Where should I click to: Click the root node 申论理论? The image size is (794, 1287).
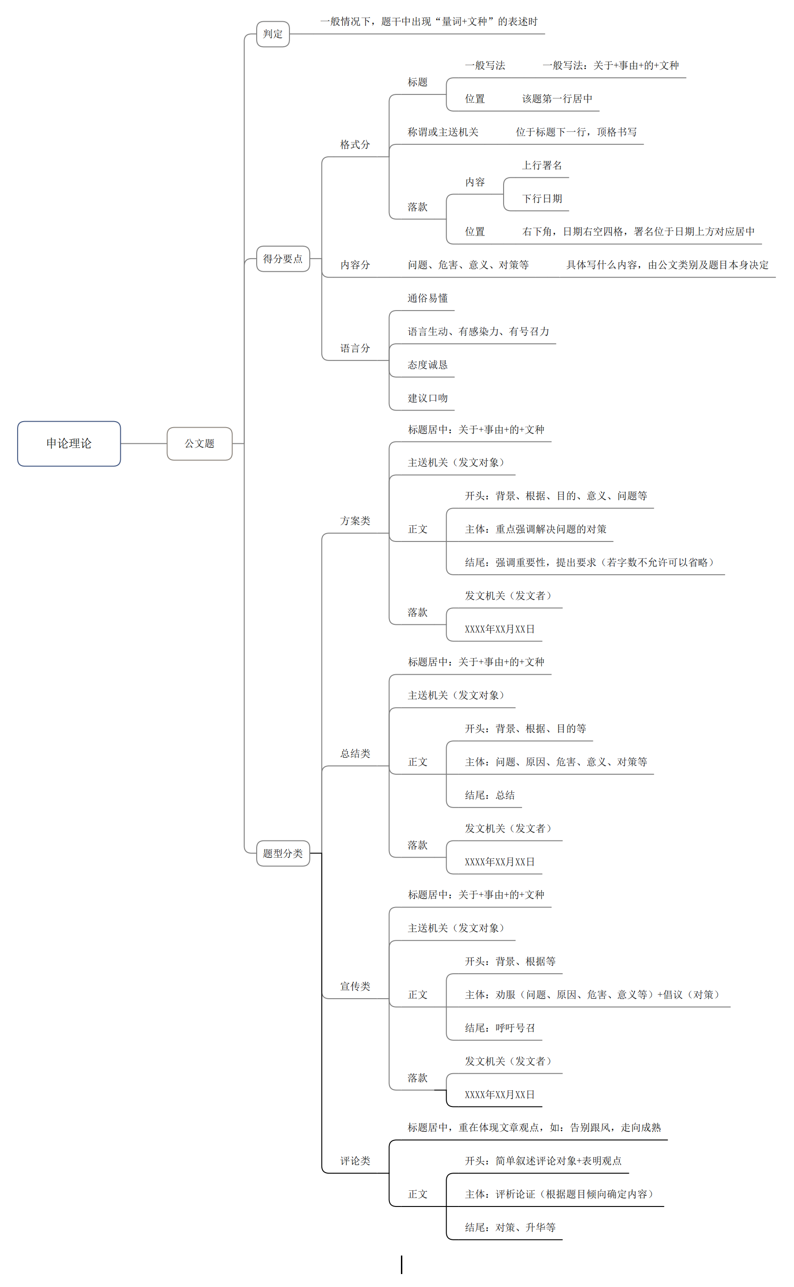pyautogui.click(x=69, y=443)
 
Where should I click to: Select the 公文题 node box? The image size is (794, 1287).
pyautogui.click(x=200, y=443)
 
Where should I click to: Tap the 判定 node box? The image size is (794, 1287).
pyautogui.click(x=272, y=34)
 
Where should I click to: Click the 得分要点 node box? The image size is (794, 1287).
pyautogui.click(x=283, y=259)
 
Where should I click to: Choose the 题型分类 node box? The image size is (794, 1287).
pyautogui.click(x=283, y=853)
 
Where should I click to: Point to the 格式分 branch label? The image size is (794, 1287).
pyautogui.click(x=355, y=144)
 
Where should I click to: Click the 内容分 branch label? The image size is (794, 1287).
pyautogui.click(x=355, y=265)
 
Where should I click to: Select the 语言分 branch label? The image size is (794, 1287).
pyautogui.click(x=355, y=348)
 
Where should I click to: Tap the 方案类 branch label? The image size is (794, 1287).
pyautogui.click(x=355, y=521)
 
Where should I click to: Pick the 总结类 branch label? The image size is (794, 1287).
pyautogui.click(x=355, y=753)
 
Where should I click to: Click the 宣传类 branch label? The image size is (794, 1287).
pyautogui.click(x=355, y=986)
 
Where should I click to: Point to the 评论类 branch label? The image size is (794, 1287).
pyautogui.click(x=355, y=1161)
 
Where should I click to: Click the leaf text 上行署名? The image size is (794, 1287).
pyautogui.click(x=542, y=166)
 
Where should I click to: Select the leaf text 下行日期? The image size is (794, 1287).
pyautogui.click(x=542, y=199)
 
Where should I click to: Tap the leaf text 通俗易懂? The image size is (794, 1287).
pyautogui.click(x=427, y=298)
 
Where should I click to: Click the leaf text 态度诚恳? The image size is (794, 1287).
pyautogui.click(x=427, y=365)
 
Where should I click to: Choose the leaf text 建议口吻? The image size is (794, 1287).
pyautogui.click(x=427, y=398)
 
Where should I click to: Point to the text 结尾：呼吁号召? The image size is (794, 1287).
pyautogui.click(x=499, y=1028)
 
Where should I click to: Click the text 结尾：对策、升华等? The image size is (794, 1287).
pyautogui.click(x=510, y=1227)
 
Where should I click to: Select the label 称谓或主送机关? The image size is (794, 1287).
pyautogui.click(x=443, y=132)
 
